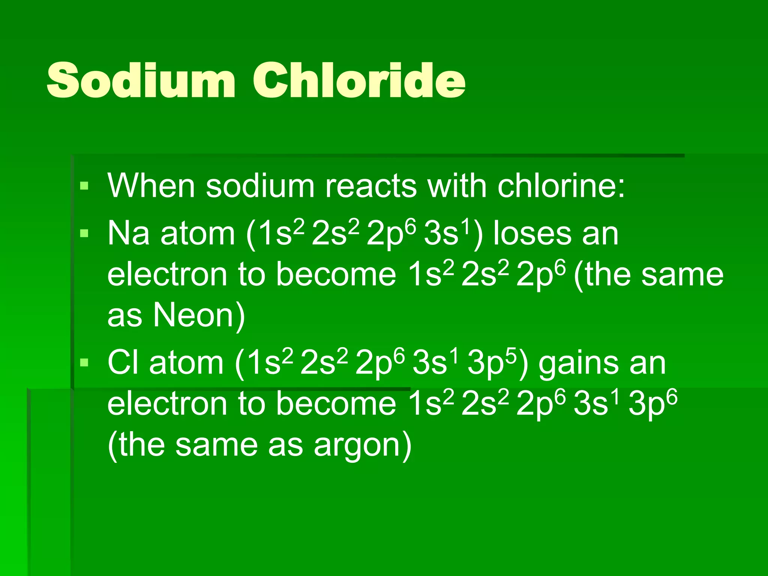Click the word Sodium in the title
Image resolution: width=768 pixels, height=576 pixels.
click(x=141, y=80)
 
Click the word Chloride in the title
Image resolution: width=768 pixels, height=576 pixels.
click(x=359, y=80)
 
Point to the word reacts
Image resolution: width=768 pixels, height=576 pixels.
click(x=371, y=186)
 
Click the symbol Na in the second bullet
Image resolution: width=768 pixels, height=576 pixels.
click(x=128, y=234)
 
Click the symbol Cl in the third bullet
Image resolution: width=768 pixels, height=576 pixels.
click(x=122, y=363)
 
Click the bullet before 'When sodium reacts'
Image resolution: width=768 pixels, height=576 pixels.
click(x=84, y=186)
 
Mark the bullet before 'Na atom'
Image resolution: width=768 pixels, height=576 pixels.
click(x=84, y=234)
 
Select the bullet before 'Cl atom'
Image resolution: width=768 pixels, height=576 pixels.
click(x=84, y=363)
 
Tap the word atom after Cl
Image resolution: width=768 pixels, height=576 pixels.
click(x=186, y=363)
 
